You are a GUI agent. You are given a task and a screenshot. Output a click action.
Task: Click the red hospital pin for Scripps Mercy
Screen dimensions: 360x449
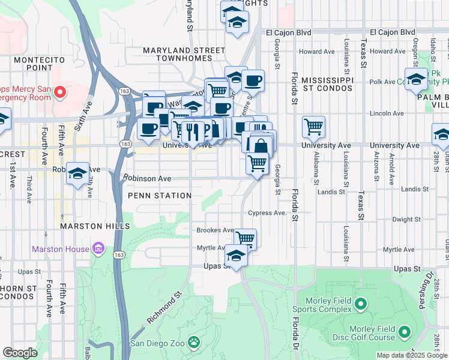tap(60, 92)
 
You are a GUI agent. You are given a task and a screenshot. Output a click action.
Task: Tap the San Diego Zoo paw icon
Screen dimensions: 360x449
tap(193, 343)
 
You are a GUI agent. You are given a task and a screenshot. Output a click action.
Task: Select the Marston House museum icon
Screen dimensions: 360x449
tap(98, 248)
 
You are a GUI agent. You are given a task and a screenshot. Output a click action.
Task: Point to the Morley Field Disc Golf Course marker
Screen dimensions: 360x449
tap(405, 332)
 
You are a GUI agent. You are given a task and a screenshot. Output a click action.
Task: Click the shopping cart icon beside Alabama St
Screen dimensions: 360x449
tap(313, 127)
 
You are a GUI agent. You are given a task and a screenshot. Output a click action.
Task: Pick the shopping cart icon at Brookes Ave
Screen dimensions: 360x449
tap(245, 238)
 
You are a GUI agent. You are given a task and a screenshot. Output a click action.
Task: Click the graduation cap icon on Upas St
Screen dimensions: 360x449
tap(237, 256)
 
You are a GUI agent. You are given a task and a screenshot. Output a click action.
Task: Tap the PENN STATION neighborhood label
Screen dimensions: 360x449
tap(159, 196)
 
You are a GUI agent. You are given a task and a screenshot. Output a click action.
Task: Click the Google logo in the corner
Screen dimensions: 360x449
tap(20, 353)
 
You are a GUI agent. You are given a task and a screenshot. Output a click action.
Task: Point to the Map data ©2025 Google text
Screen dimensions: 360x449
tap(411, 355)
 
